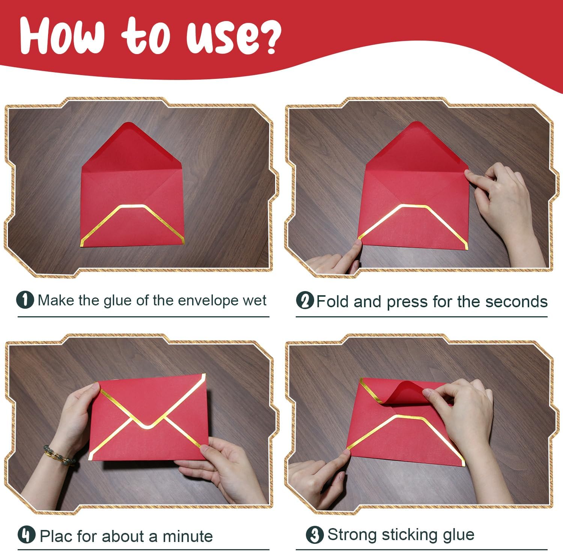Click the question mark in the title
tap(267, 36)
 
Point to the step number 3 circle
tap(315, 534)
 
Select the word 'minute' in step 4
tap(187, 536)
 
